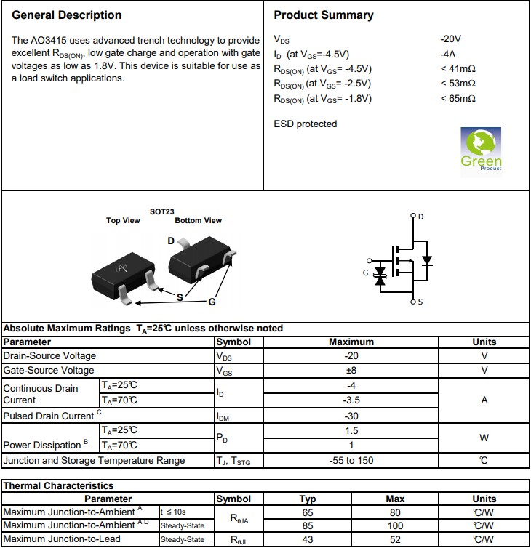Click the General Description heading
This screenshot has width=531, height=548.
click(67, 15)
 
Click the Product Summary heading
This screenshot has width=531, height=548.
click(324, 15)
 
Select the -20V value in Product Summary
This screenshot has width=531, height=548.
click(451, 39)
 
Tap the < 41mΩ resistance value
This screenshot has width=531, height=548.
click(458, 69)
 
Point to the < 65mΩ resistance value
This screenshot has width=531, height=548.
click(458, 99)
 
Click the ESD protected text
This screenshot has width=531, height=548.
click(306, 124)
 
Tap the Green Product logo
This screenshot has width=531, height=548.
click(481, 150)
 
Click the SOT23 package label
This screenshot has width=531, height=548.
click(162, 212)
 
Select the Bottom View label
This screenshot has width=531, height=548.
click(199, 221)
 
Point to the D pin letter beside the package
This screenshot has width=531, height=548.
click(171, 241)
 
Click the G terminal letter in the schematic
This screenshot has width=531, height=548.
click(365, 273)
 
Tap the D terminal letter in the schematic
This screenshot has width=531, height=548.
click(421, 217)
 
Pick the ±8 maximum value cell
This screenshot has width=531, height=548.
click(351, 371)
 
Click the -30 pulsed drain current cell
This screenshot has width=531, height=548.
click(351, 416)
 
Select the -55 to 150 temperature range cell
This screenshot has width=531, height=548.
click(351, 461)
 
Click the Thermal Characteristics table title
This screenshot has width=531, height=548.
click(58, 485)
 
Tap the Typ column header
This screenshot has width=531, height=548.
click(308, 499)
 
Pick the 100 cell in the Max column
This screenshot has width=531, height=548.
click(395, 525)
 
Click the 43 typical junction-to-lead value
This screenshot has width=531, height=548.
click(308, 539)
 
